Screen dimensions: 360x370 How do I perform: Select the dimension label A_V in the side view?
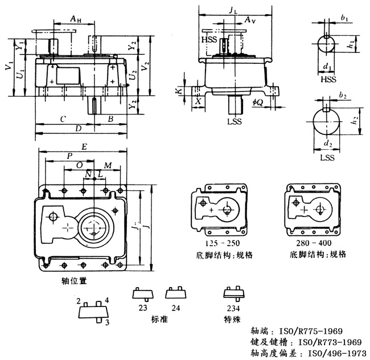[248, 20]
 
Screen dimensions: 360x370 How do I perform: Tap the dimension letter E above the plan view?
[84, 146]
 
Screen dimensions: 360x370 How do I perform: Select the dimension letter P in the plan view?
[69, 156]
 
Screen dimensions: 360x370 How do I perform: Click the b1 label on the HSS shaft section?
[344, 18]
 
